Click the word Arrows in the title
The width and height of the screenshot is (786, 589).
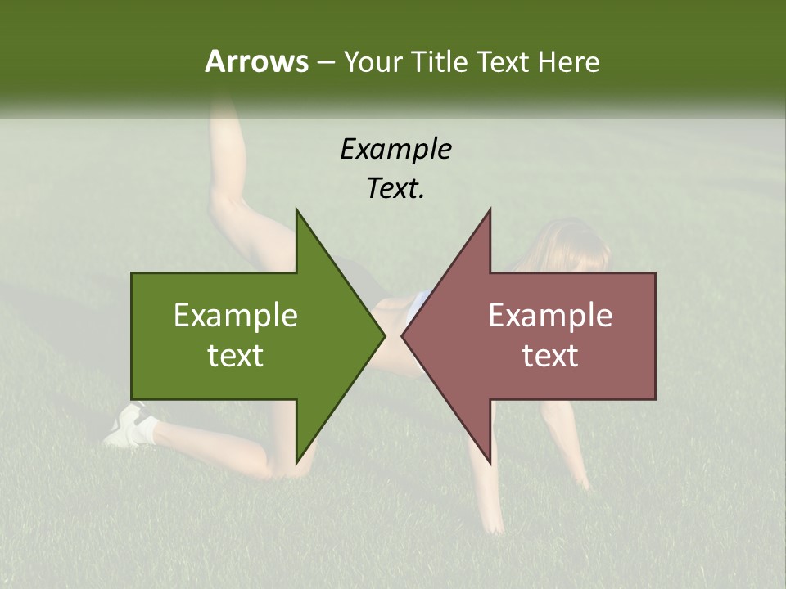[x=256, y=61]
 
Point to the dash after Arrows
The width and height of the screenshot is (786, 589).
[x=325, y=63]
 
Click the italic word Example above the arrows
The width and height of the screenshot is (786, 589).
[x=395, y=149]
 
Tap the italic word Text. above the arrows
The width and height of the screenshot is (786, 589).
[x=395, y=188]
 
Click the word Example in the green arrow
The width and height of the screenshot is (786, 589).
[x=236, y=316]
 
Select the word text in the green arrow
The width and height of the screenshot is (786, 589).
[x=236, y=356]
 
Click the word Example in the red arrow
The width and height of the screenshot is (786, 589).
[x=550, y=316]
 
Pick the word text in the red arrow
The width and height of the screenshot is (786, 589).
[x=550, y=356]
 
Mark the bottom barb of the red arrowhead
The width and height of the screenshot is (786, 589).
[x=489, y=460]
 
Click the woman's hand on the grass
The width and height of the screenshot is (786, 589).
[x=492, y=524]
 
